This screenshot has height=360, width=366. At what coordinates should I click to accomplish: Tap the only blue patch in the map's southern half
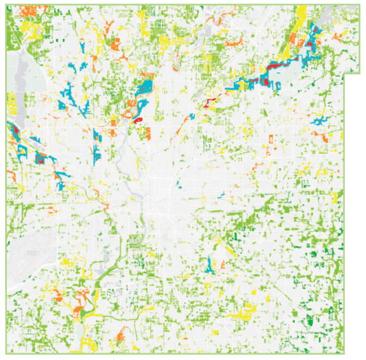(211, 266)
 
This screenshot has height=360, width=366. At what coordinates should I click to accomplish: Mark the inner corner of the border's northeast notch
(344, 74)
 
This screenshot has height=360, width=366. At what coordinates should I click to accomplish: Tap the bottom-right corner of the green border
(344, 352)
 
